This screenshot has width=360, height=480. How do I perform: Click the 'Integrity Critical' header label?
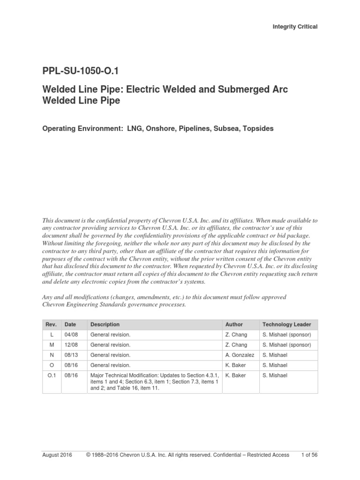295,27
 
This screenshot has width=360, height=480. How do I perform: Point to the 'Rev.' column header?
51,324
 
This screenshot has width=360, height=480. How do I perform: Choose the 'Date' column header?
70,324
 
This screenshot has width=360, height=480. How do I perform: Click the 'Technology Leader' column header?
286,324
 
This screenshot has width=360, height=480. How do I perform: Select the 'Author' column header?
234,324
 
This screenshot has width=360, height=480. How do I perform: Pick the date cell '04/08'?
70,335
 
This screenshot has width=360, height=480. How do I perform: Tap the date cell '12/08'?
70,345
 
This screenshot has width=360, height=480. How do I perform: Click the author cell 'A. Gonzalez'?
240,355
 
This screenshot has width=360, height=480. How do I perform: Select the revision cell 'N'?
51,355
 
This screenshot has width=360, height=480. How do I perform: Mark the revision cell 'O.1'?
51,375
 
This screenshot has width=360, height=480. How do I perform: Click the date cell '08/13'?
70,355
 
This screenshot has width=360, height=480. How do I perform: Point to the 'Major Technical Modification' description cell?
154,382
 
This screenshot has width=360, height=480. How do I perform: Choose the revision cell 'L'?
51,335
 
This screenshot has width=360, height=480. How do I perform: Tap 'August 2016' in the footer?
57,455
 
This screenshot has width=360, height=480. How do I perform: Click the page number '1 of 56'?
308,455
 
